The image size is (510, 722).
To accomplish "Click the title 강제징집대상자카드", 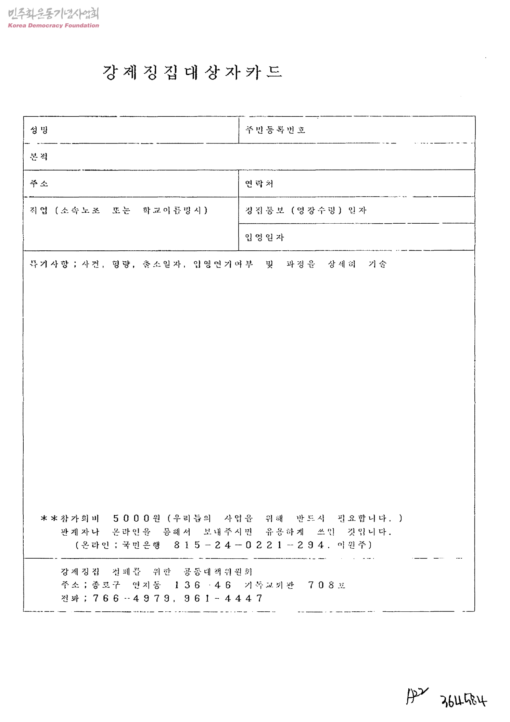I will coord(192,73).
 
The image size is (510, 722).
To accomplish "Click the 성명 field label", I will coord(39,130).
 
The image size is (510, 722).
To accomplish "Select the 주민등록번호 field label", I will coord(275,130).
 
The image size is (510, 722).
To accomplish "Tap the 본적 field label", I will coord(39,157).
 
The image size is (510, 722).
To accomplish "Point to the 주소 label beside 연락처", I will coord(39,184).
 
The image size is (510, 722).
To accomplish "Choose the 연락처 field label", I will coord(259,184).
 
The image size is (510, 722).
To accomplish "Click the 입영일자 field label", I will coord(265,237).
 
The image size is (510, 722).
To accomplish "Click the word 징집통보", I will coord(265,210).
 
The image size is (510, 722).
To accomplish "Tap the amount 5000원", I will coord(137,518).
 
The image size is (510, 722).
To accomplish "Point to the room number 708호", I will coord(327,585).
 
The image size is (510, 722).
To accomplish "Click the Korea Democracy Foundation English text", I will coord(53,25).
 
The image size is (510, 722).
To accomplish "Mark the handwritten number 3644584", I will coord(464,701).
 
